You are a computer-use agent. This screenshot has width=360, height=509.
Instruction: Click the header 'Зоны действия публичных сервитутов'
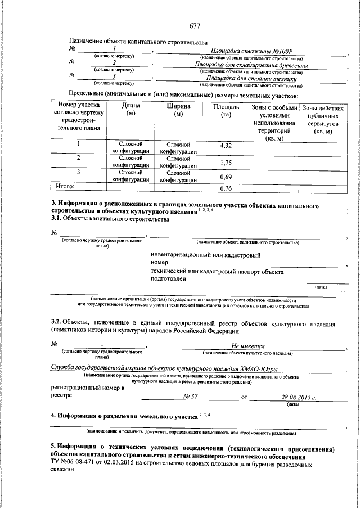tap(323, 119)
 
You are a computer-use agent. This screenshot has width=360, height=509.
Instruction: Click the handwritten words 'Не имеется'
tap(248, 346)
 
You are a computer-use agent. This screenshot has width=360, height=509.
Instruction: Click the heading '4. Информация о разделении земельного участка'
tap(124, 417)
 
